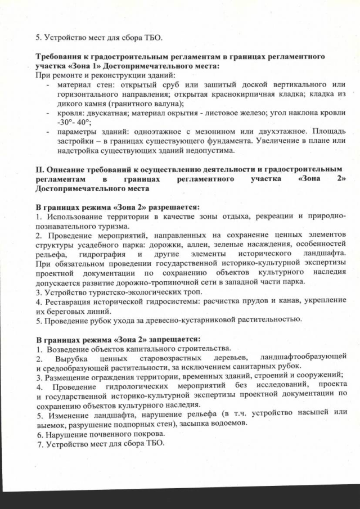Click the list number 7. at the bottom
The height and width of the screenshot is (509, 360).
point(39,443)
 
